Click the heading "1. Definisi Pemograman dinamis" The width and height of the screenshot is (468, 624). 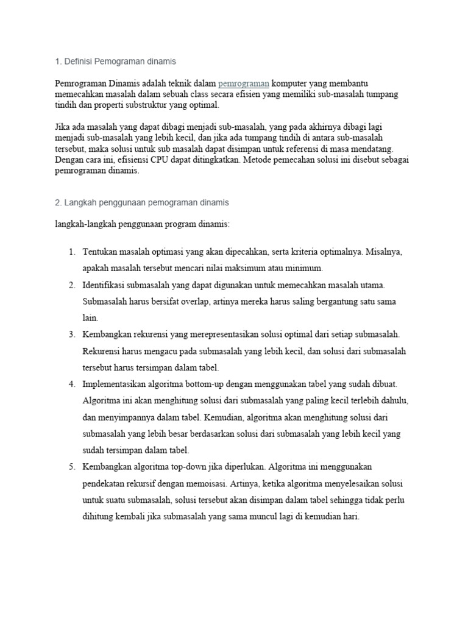coord(115,61)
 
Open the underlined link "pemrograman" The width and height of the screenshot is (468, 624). coord(243,83)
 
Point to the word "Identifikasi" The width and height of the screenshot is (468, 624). coord(105,285)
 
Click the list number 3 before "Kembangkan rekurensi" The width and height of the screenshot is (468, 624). coord(71,335)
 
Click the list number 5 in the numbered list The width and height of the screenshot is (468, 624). coord(71,467)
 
